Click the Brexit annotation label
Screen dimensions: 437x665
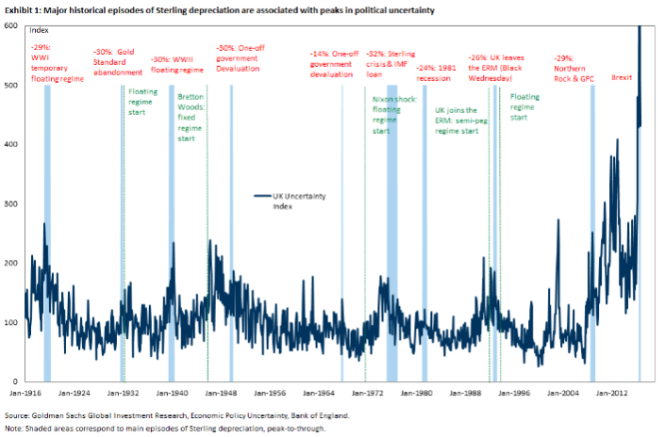pos(623,76)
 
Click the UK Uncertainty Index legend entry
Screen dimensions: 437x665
pos(291,201)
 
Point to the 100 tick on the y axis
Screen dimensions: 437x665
pos(11,322)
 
